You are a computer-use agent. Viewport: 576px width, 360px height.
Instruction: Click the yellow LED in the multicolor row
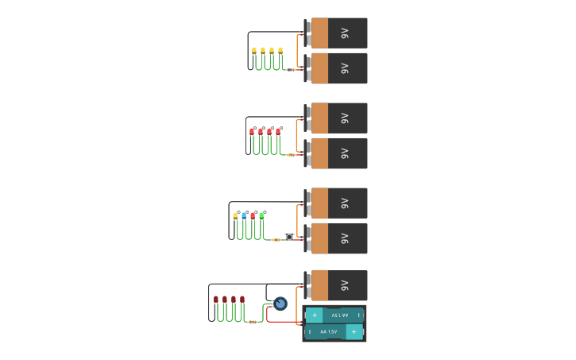point(235,215)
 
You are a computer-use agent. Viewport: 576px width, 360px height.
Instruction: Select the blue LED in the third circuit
point(244,215)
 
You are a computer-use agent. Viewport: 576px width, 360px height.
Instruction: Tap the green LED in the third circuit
point(261,215)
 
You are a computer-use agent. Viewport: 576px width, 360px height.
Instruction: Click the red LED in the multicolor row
point(253,215)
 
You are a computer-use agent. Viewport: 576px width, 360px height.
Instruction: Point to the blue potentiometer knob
point(280,303)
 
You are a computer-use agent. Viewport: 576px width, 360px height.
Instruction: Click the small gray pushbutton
point(288,236)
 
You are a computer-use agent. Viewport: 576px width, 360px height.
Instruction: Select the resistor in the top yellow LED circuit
point(291,70)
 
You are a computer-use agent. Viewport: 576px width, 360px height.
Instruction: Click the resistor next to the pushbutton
point(276,239)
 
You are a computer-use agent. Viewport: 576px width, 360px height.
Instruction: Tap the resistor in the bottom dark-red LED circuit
point(253,322)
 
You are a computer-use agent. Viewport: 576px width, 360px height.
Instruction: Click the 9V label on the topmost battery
point(345,33)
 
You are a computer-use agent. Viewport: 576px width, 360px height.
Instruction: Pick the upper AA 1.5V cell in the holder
point(334,315)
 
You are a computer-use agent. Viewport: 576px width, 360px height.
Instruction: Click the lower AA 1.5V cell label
point(328,331)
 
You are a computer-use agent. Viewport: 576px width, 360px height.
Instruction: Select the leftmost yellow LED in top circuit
point(254,51)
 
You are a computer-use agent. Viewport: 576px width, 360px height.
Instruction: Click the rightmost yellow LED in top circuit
point(280,51)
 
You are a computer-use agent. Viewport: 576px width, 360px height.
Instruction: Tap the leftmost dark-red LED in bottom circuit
point(216,300)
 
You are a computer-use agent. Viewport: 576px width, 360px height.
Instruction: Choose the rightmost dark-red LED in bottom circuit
point(242,300)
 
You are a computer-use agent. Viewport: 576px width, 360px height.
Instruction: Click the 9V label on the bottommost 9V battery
point(345,285)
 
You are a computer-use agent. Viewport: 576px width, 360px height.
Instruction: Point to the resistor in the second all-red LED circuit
point(291,155)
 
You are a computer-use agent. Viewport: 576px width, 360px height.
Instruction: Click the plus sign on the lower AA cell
point(354,331)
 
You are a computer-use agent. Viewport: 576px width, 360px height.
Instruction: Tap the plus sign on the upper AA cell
point(315,315)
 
